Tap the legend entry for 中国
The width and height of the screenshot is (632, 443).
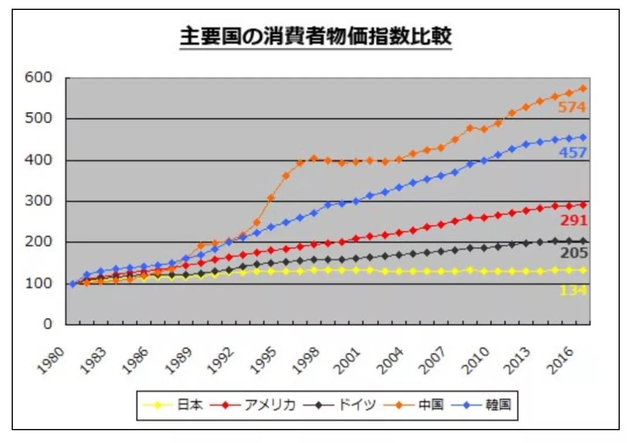418,404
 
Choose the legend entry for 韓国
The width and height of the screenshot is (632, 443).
484,404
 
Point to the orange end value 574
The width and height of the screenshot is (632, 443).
572,108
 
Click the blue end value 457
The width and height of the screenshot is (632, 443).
572,153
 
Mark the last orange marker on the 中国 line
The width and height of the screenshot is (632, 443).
583,88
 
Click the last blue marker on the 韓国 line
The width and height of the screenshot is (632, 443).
583,138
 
